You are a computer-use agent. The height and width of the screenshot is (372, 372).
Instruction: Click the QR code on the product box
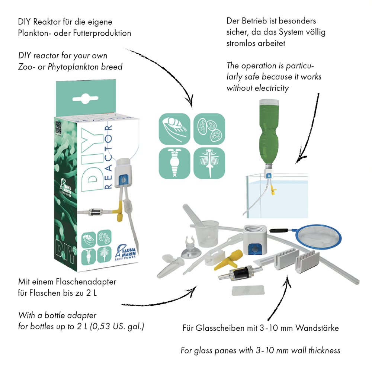pyautogui.click(x=58, y=127)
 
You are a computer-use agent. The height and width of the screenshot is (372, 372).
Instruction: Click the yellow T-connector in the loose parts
pyautogui.click(x=229, y=260)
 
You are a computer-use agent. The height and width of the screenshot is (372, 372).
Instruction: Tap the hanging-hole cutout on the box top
pyautogui.click(x=86, y=98)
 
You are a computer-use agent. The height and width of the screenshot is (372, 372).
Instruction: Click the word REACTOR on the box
pyautogui.click(x=108, y=157)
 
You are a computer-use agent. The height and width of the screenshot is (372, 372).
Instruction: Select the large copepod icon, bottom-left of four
pyautogui.click(x=174, y=163)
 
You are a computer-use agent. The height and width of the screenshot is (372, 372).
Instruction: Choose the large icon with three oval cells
pyautogui.click(x=209, y=129)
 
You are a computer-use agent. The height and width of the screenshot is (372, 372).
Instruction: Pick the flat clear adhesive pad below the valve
pyautogui.click(x=248, y=291)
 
